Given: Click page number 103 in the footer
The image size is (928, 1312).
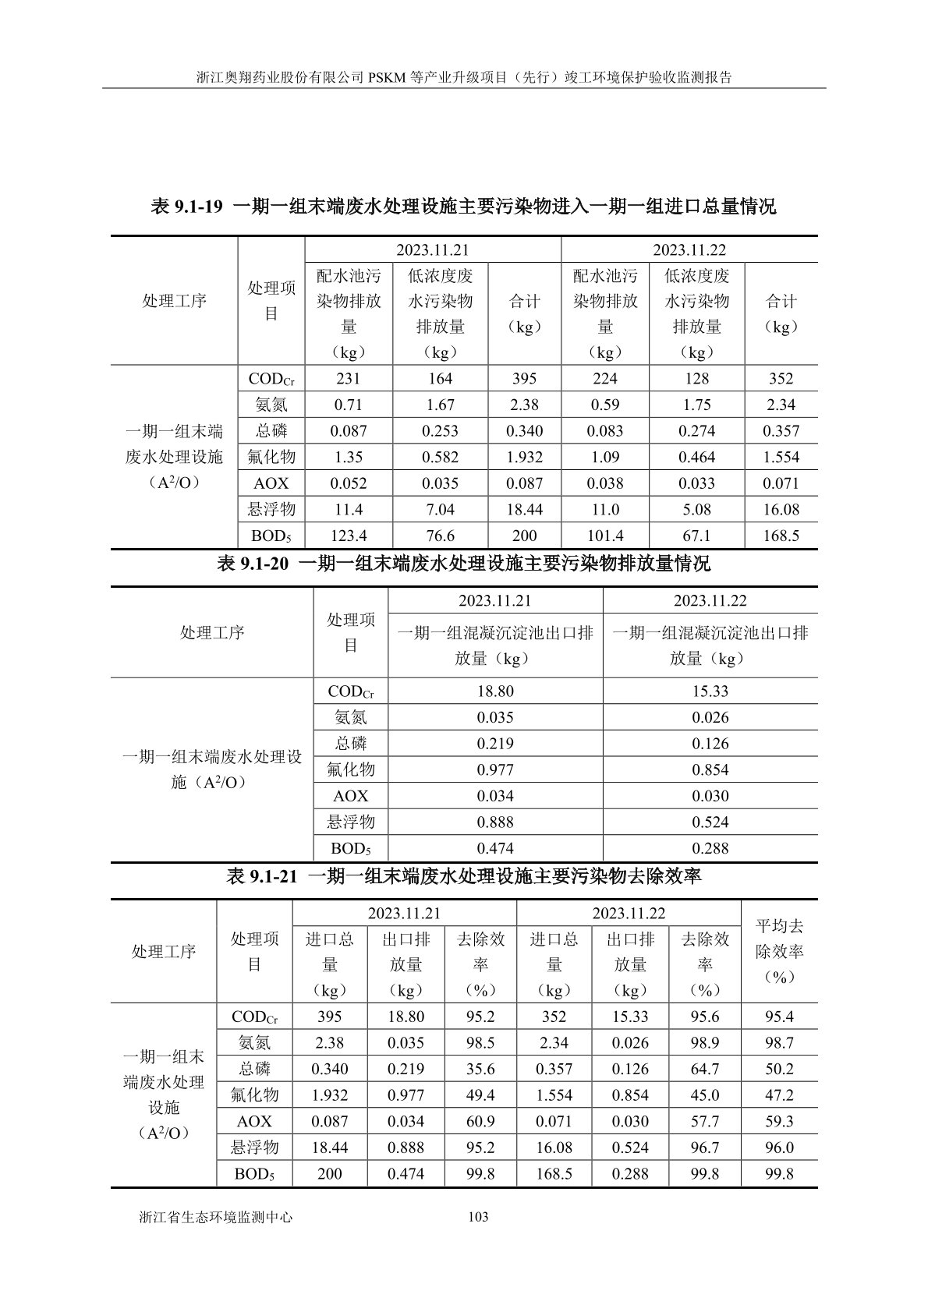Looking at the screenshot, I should click(x=477, y=1216).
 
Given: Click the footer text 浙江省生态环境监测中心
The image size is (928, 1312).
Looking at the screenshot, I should click(x=215, y=1216).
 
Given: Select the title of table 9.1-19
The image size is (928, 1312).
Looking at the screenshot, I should click(x=463, y=207).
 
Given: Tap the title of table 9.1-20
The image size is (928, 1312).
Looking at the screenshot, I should click(x=463, y=563).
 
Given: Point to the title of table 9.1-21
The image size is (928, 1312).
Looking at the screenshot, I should click(x=463, y=876).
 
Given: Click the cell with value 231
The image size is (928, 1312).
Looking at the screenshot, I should click(x=349, y=379).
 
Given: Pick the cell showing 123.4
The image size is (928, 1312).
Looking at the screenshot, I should click(x=349, y=536).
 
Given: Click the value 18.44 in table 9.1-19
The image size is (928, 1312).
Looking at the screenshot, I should click(x=524, y=509).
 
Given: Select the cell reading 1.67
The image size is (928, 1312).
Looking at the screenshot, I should click(x=440, y=405).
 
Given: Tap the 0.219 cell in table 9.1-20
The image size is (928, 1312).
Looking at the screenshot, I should click(x=495, y=744).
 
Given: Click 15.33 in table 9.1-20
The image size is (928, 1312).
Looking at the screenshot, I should click(x=710, y=691).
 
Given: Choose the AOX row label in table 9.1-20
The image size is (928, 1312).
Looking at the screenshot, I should click(x=350, y=796).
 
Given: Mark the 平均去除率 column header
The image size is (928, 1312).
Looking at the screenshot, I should click(x=779, y=951).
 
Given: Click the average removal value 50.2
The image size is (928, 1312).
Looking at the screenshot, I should click(x=779, y=1069).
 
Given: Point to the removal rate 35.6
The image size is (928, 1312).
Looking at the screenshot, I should click(x=480, y=1069).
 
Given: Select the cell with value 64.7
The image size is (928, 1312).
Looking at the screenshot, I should click(x=705, y=1069).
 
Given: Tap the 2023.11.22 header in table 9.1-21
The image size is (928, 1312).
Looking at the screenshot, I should click(x=628, y=913).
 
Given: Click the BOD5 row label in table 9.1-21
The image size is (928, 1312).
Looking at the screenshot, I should click(x=254, y=1173).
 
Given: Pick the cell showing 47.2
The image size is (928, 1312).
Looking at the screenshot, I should click(x=779, y=1095).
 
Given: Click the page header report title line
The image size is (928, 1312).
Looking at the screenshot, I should click(x=463, y=78).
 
